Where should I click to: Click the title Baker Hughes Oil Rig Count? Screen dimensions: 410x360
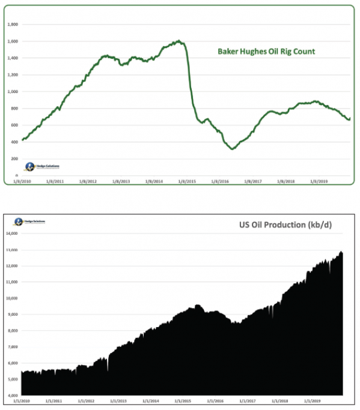click(x=266, y=52)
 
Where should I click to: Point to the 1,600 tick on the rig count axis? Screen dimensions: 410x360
click(x=13, y=41)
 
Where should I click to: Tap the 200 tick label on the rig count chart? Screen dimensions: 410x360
click(x=14, y=158)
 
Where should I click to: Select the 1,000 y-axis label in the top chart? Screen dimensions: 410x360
click(x=13, y=91)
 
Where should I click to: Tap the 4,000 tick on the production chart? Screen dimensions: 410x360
click(x=13, y=395)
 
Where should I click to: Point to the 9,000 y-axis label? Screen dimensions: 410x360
click(x=13, y=314)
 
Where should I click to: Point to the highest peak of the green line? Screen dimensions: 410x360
click(x=179, y=41)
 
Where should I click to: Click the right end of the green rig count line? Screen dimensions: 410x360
click(x=350, y=118)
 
